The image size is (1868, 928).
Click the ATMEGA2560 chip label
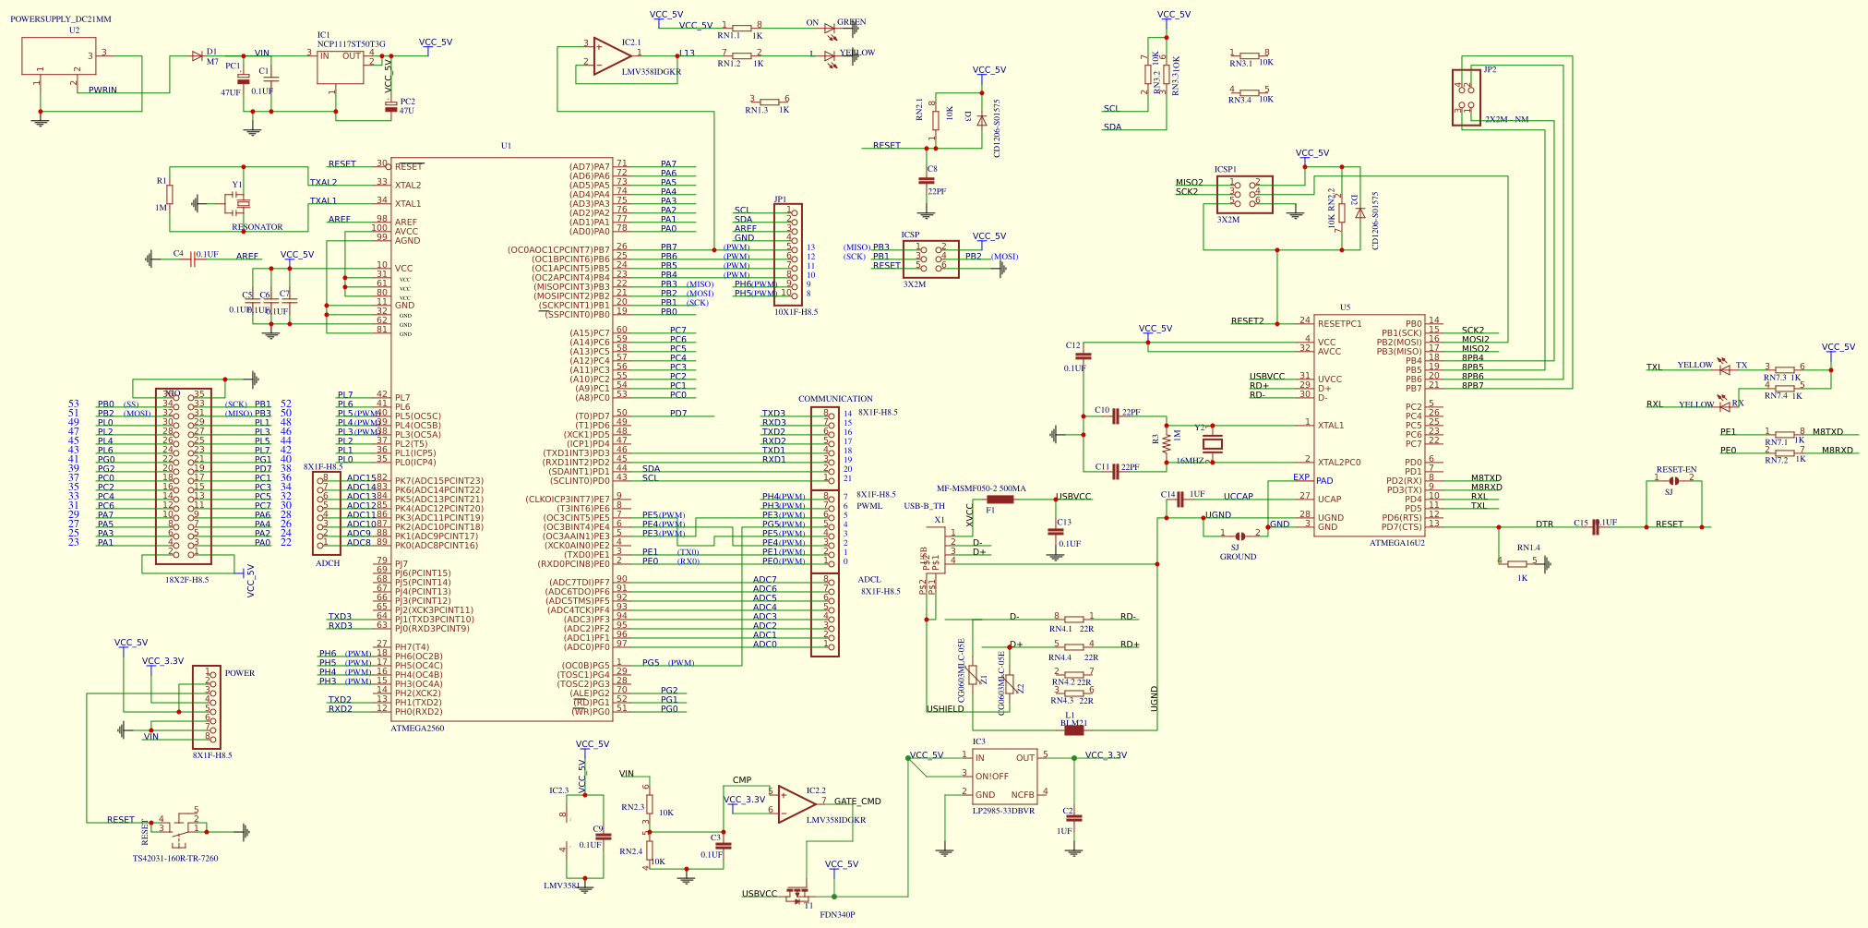coord(417,729)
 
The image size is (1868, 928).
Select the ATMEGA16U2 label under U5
coord(1396,543)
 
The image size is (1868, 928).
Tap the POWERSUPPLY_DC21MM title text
coord(61,19)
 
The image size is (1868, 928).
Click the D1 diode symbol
coord(197,56)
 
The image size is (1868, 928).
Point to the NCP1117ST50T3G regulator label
coord(351,44)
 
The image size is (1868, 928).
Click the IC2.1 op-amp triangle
coord(610,56)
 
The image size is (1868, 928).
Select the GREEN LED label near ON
coord(851,22)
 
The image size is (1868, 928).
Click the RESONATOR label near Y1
coord(257,227)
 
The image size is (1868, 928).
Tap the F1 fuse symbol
coord(1000,500)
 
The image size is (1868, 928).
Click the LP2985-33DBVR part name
coord(1003,811)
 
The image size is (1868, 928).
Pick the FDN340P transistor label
coord(837,915)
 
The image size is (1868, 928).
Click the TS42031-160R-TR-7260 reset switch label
coord(175,859)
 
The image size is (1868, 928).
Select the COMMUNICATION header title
coord(835,399)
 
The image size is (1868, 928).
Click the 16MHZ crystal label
coord(1190,461)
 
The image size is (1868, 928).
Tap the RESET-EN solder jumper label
coord(1676,470)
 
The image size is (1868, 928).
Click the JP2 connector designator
coord(1490,70)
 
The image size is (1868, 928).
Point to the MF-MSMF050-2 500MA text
coord(981,488)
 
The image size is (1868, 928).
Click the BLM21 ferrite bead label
coord(1073,723)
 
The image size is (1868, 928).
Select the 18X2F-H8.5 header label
coord(186,580)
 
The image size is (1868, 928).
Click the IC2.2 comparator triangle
coord(794,804)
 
